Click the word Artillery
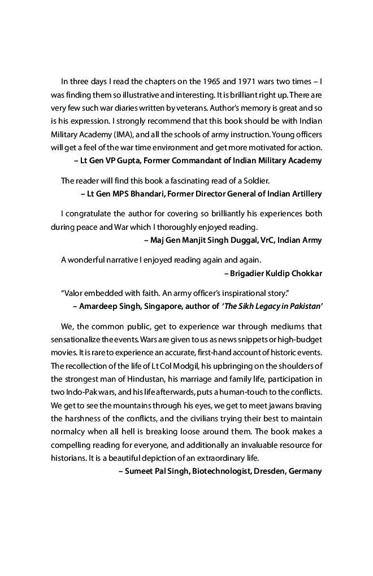click(304, 194)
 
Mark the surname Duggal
click(240, 240)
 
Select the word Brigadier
click(249, 273)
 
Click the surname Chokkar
click(305, 273)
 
